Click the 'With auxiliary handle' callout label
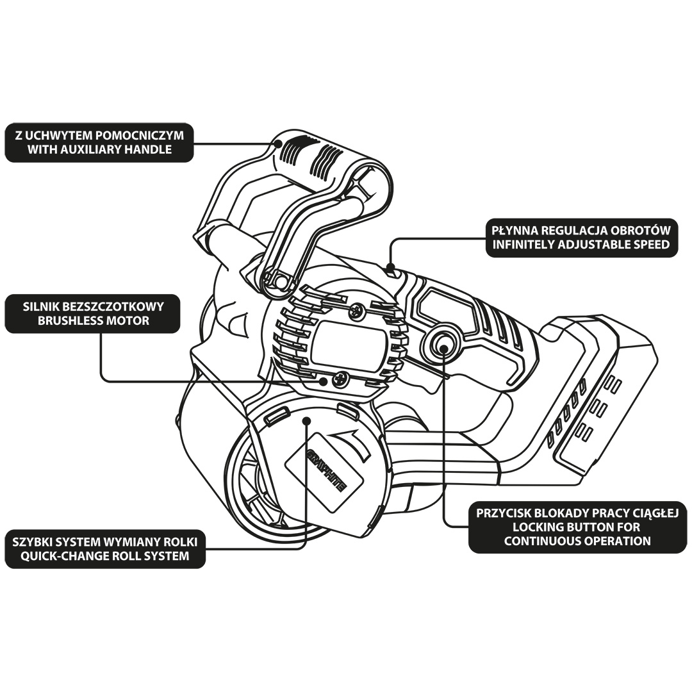[99, 143]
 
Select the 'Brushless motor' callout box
[93, 313]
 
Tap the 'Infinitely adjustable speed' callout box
[581, 237]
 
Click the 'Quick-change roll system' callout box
[104, 548]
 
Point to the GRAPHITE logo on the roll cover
[327, 472]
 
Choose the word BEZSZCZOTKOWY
[119, 306]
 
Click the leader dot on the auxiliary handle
[278, 144]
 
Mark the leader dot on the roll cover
[307, 421]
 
